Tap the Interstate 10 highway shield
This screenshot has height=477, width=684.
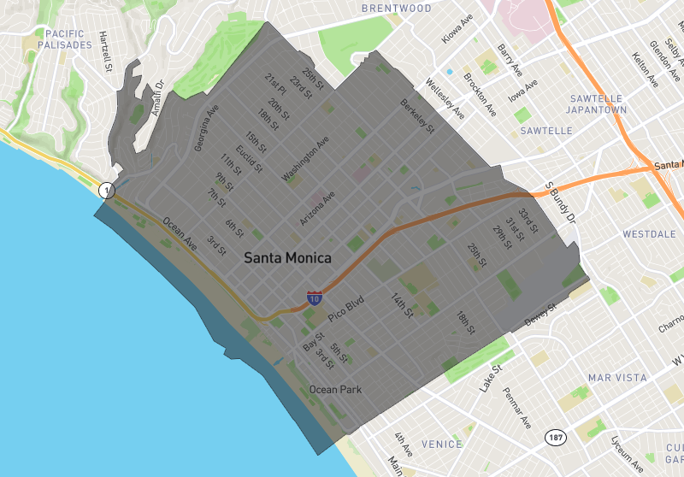tap(315, 299)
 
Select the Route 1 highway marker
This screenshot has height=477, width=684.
tap(105, 190)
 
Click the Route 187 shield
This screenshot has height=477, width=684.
tap(555, 437)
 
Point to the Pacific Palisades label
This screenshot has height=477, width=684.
tap(63, 38)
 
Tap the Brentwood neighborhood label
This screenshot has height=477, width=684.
tap(396, 9)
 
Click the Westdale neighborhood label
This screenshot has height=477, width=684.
tap(650, 233)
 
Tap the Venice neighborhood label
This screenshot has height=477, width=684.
tap(442, 445)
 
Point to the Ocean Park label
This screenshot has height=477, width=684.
tap(335, 390)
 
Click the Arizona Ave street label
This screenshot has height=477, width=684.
tap(317, 209)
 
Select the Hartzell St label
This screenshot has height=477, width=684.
tap(104, 51)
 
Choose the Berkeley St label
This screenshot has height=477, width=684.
tap(418, 116)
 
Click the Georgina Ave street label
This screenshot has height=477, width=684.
tap(206, 128)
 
